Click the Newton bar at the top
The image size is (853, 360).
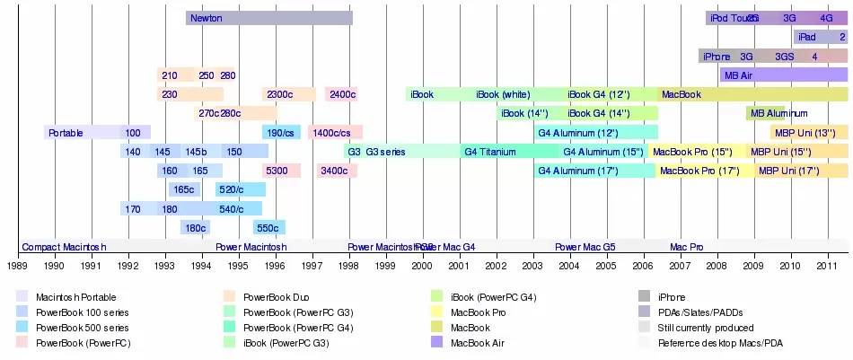coord(268,18)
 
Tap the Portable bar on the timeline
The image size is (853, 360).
coord(82,133)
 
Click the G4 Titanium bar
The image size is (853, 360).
coord(497,152)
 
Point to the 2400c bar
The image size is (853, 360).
coord(342,94)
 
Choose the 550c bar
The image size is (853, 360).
coord(268,228)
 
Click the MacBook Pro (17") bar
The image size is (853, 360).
coord(699,171)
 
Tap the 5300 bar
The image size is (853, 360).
coord(281,171)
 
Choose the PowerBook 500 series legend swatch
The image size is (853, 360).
coord(22,328)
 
